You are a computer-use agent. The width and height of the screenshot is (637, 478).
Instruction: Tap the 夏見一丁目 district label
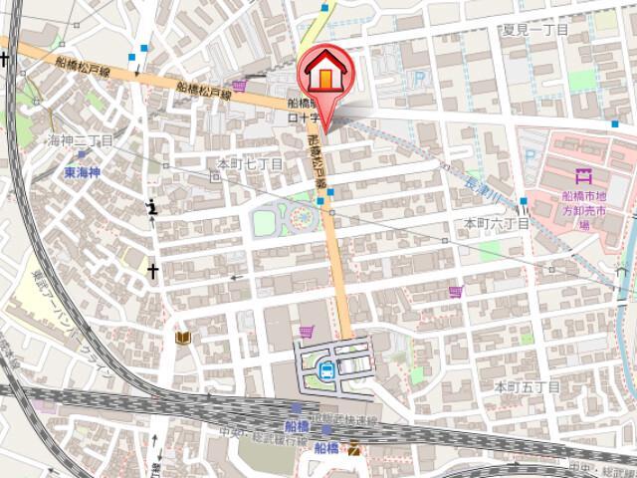tap(535, 31)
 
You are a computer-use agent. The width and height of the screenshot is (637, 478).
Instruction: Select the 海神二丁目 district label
tap(82, 141)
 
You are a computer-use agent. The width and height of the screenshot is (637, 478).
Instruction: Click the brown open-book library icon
tap(182, 339)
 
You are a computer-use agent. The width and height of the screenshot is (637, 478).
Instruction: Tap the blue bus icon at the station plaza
tap(325, 370)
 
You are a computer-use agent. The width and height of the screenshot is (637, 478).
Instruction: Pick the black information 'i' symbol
tap(150, 207)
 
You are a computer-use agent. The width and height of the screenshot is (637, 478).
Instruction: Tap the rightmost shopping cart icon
tap(456, 292)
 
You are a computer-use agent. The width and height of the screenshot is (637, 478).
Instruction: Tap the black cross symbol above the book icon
tap(154, 270)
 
